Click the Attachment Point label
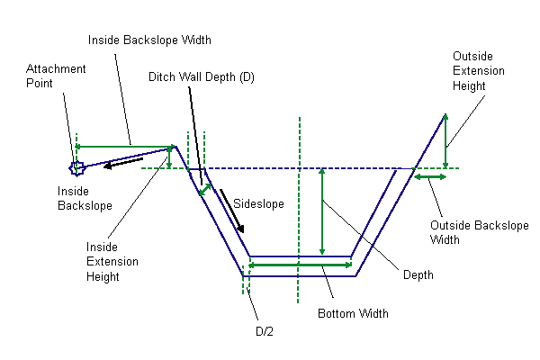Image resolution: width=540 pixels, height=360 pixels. [57, 76]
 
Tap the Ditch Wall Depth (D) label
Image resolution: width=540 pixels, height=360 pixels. [202, 77]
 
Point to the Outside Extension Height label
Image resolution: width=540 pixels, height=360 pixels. [478, 71]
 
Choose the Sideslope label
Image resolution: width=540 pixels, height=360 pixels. [258, 204]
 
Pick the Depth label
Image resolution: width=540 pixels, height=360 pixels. [418, 274]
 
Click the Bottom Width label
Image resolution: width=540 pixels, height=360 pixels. [354, 314]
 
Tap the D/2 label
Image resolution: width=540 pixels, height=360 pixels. [264, 331]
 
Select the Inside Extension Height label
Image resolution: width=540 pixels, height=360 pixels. [112, 261]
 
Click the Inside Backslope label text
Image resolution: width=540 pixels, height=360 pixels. [85, 198]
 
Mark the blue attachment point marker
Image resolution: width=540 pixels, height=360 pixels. [77, 166]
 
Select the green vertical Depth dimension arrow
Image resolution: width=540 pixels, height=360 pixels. [322, 212]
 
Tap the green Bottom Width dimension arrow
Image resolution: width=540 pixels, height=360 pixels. [300, 265]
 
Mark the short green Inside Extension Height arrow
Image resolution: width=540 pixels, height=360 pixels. [169, 157]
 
